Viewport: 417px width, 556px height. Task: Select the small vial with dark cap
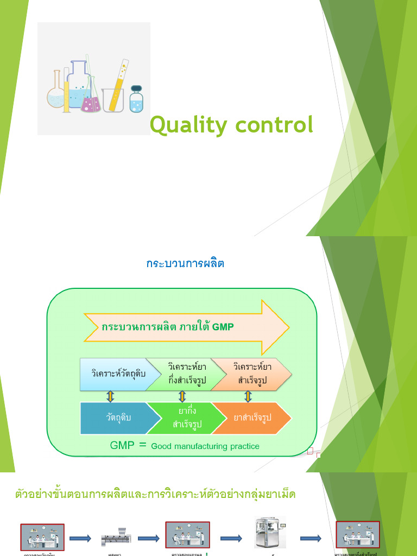pos(136,99)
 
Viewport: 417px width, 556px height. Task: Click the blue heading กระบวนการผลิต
pos(185,264)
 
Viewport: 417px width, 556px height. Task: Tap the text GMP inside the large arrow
pos(223,327)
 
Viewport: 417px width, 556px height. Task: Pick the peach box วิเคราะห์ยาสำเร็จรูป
pos(252,374)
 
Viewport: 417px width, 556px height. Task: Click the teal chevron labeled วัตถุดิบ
pos(118,418)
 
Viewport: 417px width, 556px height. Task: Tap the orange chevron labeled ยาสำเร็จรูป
pos(251,418)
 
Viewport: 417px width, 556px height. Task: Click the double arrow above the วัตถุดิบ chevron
pos(110,396)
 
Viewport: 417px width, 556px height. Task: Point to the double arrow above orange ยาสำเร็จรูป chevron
pos(248,396)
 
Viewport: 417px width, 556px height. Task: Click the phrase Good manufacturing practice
pos(205,446)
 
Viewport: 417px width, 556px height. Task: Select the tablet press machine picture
pos(270,533)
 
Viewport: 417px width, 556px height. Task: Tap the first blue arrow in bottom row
pos(80,538)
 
